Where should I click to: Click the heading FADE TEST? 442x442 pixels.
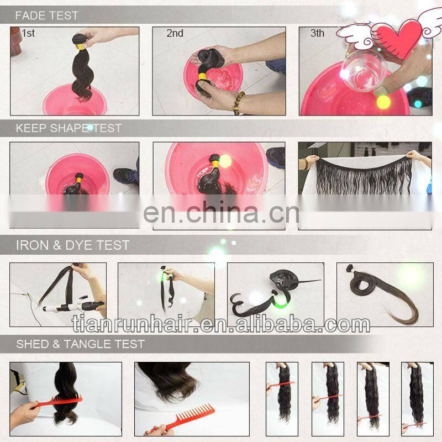tap(46, 15)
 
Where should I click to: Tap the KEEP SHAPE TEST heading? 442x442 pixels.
tap(69, 128)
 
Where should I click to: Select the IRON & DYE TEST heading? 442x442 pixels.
tap(72, 244)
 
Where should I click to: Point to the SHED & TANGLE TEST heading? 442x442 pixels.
tap(80, 344)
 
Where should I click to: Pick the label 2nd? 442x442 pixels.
tap(175, 34)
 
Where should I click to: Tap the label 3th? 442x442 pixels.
tap(317, 34)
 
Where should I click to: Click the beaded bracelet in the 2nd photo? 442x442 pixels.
tap(239, 103)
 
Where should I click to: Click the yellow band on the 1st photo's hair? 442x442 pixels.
tap(81, 47)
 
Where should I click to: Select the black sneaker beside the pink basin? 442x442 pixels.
tap(127, 176)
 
